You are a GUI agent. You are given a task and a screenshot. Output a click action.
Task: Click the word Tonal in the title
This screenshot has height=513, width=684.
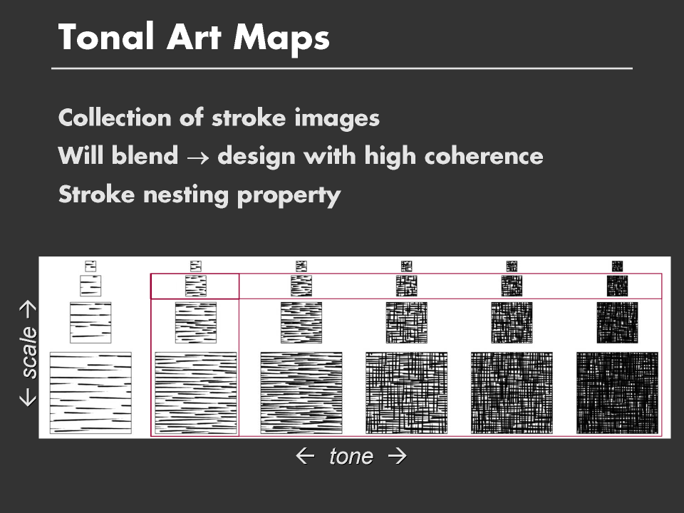point(106,36)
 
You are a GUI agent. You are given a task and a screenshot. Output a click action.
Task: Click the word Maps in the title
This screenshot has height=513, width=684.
point(281,39)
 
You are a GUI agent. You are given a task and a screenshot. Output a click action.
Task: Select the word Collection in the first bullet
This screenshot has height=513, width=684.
point(115,118)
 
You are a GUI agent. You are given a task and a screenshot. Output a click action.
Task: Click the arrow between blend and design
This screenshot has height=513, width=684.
point(197,157)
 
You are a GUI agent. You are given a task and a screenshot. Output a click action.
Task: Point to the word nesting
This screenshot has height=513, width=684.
point(186,195)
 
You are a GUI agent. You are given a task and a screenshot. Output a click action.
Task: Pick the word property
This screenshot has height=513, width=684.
point(289,196)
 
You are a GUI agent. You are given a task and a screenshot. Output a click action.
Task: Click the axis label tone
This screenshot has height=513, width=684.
point(351,457)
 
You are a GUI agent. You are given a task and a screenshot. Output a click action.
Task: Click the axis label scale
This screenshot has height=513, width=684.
point(29,353)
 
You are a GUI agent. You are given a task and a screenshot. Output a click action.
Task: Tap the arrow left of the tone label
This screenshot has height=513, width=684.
point(305,456)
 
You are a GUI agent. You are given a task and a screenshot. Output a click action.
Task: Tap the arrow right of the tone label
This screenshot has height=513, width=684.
point(398,456)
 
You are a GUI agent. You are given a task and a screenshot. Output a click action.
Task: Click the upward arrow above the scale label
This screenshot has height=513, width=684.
point(28,309)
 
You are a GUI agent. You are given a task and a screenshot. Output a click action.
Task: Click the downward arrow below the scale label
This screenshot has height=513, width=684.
point(28,398)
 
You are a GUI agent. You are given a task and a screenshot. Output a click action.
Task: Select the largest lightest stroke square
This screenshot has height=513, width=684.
point(90,393)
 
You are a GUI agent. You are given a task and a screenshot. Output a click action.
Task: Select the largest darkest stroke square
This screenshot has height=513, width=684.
point(617,393)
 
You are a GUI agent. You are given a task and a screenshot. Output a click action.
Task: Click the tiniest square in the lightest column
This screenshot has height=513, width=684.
point(90,266)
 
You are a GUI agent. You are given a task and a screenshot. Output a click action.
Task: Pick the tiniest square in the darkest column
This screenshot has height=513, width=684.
point(617,266)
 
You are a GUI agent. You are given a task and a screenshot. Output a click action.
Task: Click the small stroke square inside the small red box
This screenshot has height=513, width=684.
point(196,286)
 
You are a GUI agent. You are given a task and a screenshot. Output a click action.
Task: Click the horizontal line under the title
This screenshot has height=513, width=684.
point(342,68)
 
